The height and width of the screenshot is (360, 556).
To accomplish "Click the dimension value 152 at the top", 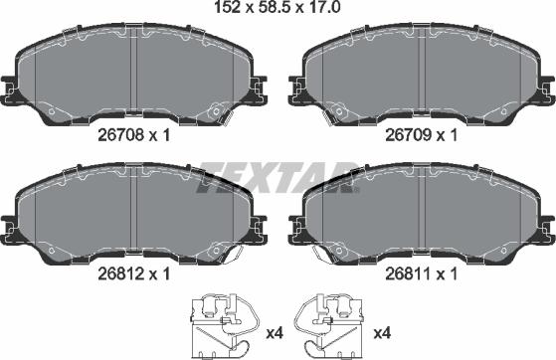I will coord(228,10).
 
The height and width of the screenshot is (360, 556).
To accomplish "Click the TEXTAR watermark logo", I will coord(277,176).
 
